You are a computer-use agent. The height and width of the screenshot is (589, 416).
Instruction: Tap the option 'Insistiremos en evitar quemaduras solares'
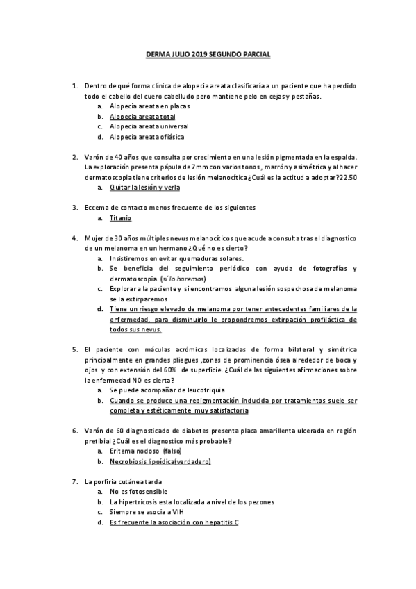[x=174, y=258]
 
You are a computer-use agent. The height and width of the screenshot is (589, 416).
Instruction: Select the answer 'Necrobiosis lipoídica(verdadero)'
[x=160, y=461]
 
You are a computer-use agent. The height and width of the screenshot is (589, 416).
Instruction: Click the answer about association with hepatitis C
[x=174, y=522]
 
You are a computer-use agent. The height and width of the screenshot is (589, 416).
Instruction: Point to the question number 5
[x=75, y=350]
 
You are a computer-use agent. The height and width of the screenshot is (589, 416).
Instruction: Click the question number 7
[x=75, y=481]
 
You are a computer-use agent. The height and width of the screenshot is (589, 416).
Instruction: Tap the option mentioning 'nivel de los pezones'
[x=192, y=501]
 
